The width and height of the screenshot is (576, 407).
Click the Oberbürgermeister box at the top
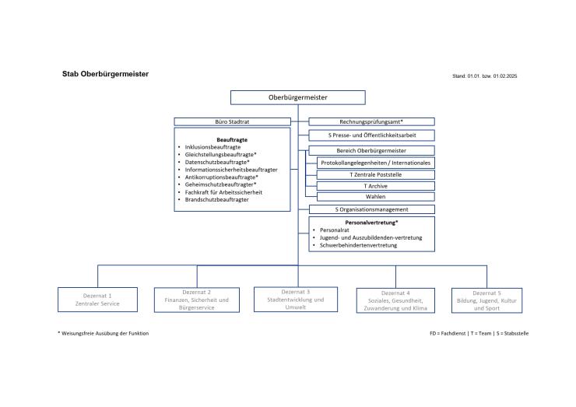tap(297, 98)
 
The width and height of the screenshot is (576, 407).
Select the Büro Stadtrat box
tap(231, 122)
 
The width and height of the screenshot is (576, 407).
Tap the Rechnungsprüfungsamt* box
tap(371, 122)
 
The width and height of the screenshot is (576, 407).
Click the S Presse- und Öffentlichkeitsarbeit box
tap(371, 135)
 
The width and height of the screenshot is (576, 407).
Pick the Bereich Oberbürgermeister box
tap(371, 150)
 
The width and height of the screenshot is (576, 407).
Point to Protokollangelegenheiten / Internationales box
tap(375, 163)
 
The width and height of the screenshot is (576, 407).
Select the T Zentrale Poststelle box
tap(375, 174)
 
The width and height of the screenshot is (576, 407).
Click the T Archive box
tap(375, 186)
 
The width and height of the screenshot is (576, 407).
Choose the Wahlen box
tap(375, 197)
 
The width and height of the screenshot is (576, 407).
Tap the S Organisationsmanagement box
tap(371, 209)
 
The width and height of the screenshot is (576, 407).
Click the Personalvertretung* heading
tap(371, 223)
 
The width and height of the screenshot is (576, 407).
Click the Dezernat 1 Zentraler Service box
tap(98, 300)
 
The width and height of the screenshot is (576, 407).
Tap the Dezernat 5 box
tap(487, 300)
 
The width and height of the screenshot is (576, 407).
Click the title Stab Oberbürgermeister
tap(105, 75)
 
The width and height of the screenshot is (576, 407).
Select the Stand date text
tap(484, 76)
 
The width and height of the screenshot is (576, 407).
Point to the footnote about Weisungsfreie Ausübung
tap(104, 333)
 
